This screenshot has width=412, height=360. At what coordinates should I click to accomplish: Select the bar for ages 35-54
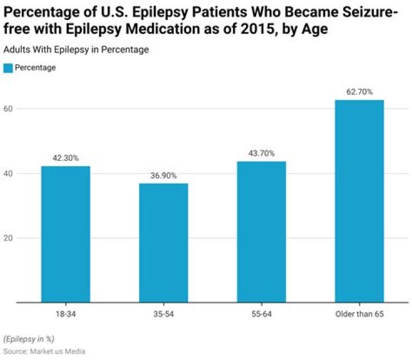click(x=163, y=243)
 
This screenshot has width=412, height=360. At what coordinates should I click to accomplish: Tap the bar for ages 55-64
click(x=261, y=231)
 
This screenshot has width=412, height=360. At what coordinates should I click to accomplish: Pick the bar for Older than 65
click(x=359, y=201)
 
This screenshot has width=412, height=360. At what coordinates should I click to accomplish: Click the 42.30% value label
click(x=65, y=158)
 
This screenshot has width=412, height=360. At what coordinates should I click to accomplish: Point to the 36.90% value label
click(x=163, y=176)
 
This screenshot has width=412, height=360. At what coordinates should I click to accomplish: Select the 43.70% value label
click(x=261, y=153)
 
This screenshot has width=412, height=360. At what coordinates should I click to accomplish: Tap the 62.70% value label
click(x=359, y=92)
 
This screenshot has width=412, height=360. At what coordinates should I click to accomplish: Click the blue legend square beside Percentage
click(x=7, y=68)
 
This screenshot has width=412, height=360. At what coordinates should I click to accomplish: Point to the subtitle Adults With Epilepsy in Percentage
click(x=76, y=50)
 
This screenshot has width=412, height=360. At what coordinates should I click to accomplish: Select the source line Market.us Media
click(x=44, y=351)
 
